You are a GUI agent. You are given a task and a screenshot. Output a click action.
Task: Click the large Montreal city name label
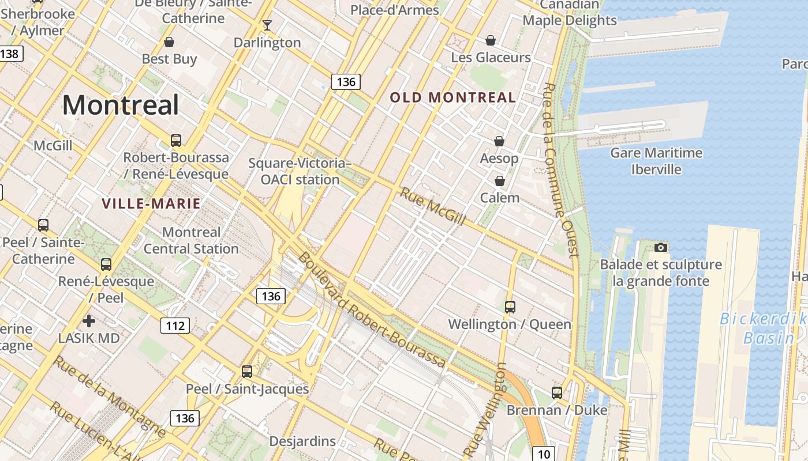click(x=121, y=105)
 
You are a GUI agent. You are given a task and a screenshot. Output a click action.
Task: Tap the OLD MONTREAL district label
click(x=452, y=97)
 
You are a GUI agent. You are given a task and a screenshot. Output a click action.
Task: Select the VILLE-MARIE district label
click(x=151, y=203)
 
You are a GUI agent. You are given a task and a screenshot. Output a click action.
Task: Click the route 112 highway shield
click(x=175, y=326)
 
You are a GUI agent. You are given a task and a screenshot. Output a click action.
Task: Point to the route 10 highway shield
click(x=544, y=454)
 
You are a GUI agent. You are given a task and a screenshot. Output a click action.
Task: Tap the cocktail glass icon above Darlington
click(x=267, y=25)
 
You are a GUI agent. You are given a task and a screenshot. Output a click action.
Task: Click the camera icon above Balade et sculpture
click(x=661, y=247)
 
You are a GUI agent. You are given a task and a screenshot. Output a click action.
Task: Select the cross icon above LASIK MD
click(x=89, y=320)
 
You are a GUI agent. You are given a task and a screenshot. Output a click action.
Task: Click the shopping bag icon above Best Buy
click(x=169, y=41)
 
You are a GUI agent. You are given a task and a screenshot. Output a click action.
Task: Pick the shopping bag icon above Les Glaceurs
click(x=490, y=40)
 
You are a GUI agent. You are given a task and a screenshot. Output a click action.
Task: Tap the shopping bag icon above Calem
click(x=500, y=181)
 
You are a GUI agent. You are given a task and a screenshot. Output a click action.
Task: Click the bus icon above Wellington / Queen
click(x=510, y=307)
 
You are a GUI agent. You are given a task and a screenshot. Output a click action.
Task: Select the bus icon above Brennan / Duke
click(x=557, y=392)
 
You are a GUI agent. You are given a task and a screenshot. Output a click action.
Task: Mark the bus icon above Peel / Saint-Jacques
click(x=247, y=372)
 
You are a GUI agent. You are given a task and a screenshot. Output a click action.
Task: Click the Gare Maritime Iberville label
click(x=656, y=161)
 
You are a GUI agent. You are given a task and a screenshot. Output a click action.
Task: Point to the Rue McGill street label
click(x=432, y=206)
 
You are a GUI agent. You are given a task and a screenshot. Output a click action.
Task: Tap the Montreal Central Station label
click(x=191, y=240)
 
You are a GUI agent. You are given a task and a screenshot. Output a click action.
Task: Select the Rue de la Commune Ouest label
click(x=560, y=170)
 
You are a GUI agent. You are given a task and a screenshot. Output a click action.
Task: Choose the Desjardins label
click(x=302, y=441)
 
